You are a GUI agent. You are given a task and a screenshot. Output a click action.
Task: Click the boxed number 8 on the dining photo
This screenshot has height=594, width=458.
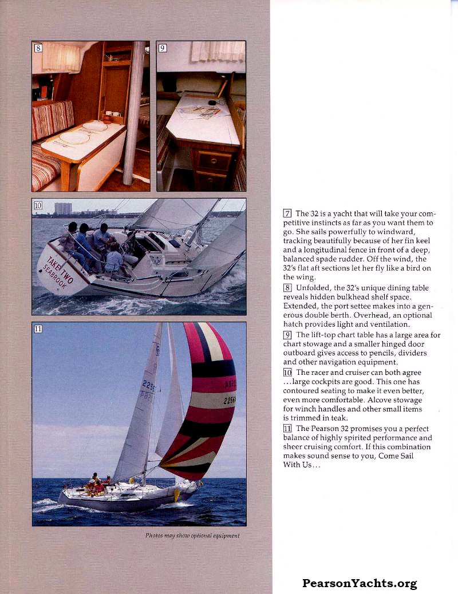coord(38,48)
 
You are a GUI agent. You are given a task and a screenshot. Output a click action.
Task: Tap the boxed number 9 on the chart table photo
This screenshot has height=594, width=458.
coord(163,48)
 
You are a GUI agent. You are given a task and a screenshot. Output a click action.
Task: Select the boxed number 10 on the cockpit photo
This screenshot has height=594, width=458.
coord(38,205)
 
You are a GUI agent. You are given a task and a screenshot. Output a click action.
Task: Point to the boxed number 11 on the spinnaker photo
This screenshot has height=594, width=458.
coord(38,328)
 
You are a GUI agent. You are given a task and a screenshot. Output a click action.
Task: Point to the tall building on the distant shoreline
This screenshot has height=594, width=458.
coord(62,208)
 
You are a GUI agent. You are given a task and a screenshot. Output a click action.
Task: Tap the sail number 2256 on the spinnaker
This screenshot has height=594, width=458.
coord(230,401)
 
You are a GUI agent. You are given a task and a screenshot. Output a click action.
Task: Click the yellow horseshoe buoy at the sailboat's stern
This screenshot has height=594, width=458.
coord(177,494)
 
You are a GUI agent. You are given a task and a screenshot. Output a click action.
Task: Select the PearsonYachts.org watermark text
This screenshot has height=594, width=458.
coord(360,584)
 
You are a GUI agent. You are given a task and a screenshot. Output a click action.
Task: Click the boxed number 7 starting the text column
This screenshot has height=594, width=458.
coord(287,213)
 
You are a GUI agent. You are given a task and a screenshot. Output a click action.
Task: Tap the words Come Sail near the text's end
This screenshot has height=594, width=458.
coord(396,456)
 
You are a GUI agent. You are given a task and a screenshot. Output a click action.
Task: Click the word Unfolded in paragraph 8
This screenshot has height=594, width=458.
coord(313,288)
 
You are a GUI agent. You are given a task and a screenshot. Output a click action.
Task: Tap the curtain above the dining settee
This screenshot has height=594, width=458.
coord(61,57)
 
